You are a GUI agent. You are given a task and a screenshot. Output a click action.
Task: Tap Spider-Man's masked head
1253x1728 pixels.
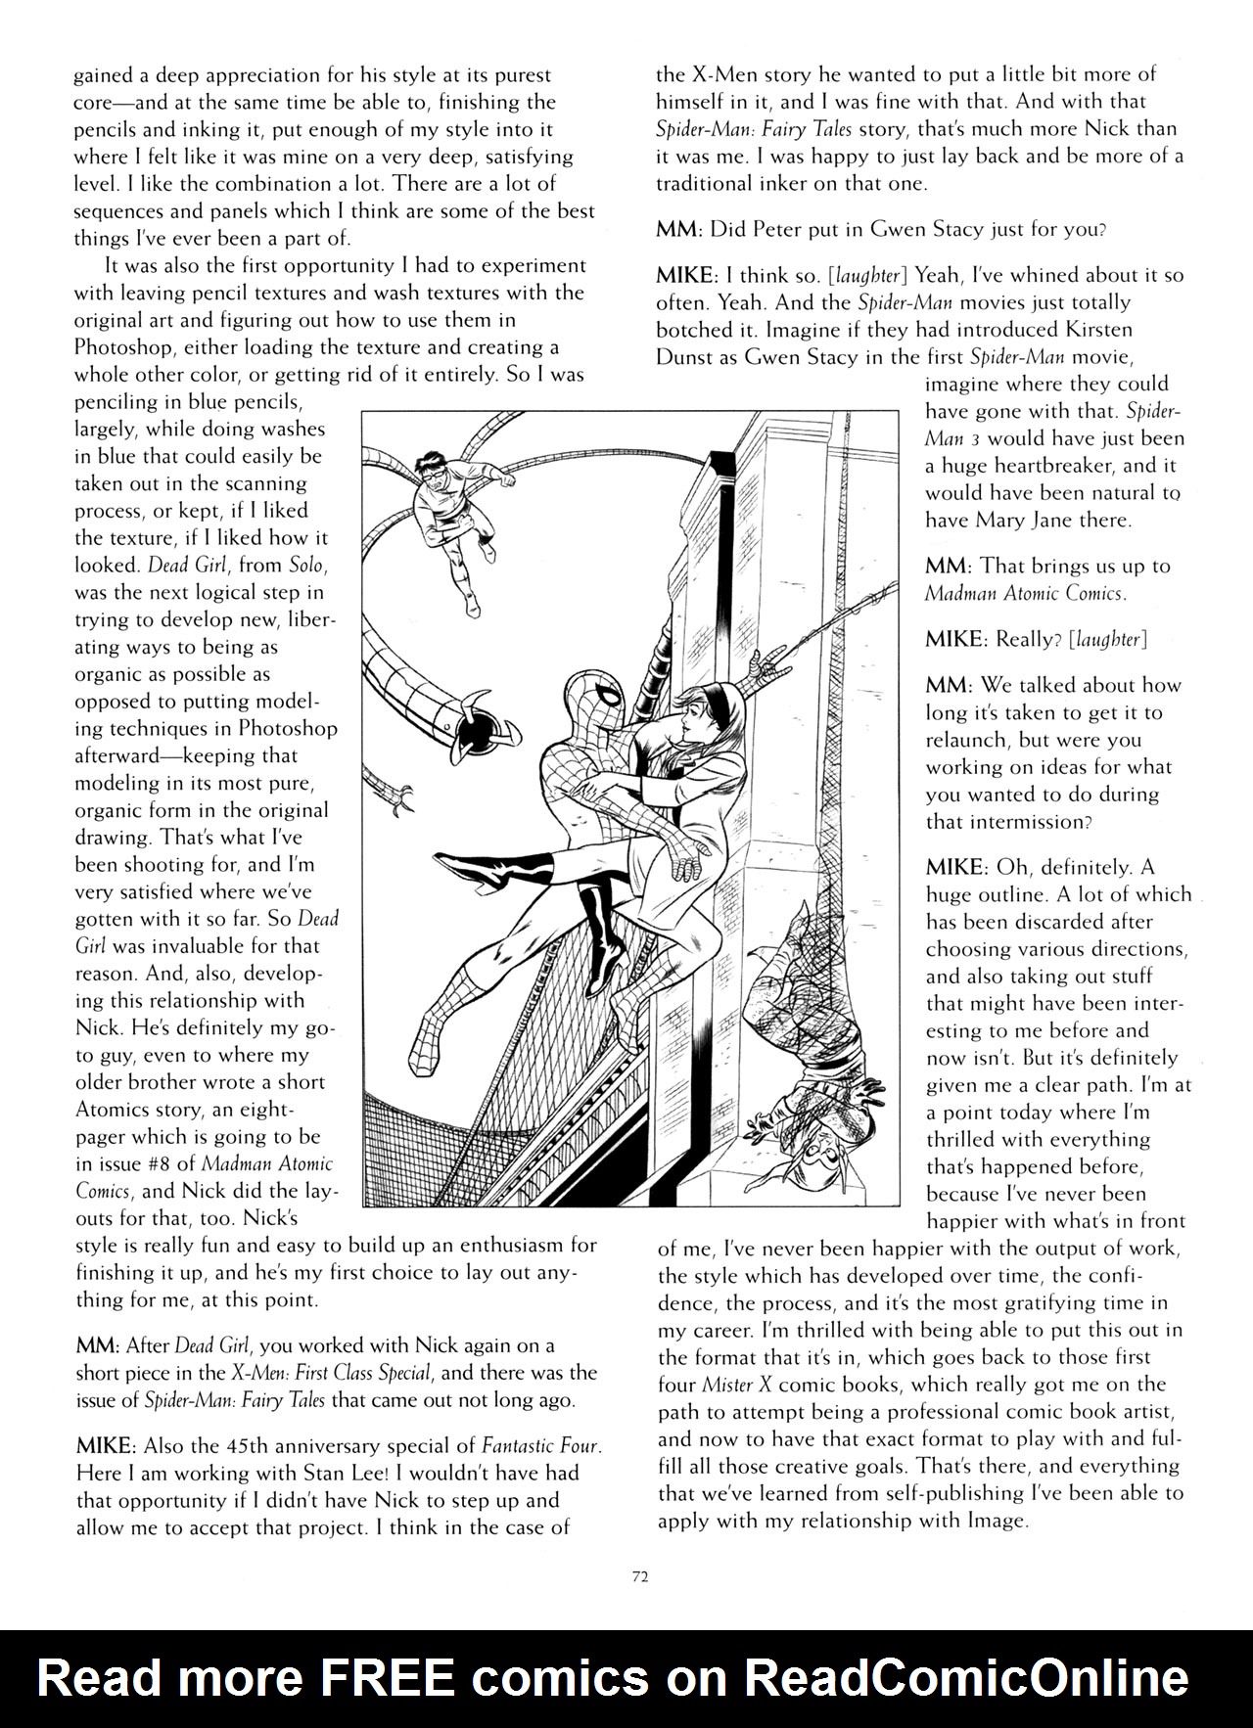(x=595, y=697)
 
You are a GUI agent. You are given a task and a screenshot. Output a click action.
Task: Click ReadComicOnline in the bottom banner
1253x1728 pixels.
(x=966, y=1679)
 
